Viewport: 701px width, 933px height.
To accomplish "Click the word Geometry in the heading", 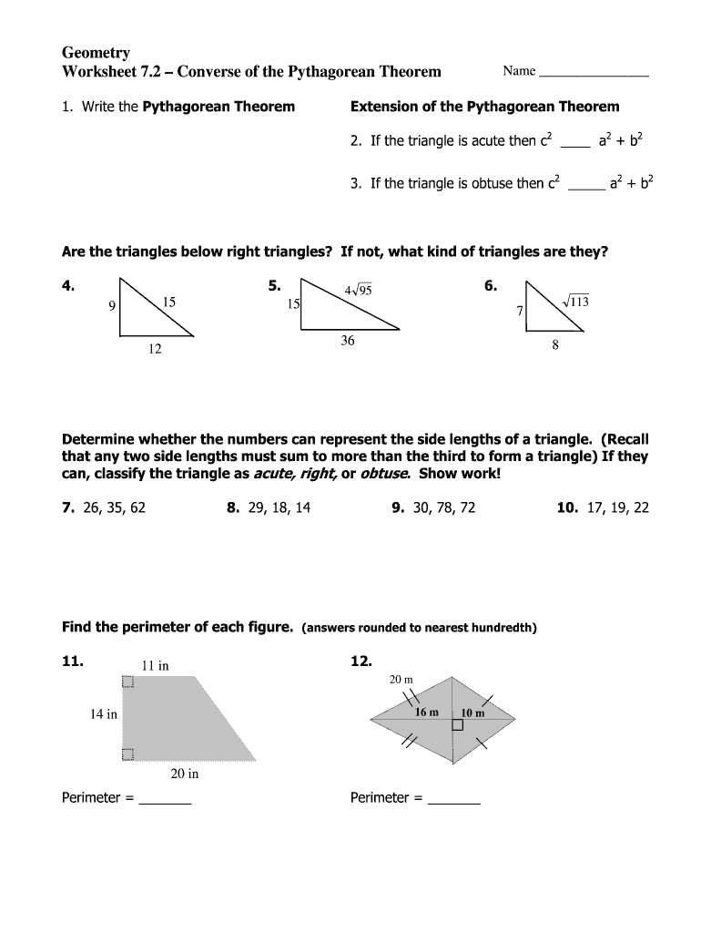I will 96,53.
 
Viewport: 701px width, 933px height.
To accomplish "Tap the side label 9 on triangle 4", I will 112,306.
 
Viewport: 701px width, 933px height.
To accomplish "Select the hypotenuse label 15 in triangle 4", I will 169,301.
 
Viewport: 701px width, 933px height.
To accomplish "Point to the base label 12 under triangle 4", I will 154,349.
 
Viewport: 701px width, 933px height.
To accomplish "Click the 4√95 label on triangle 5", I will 358,291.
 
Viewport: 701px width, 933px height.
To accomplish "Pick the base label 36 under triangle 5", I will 348,341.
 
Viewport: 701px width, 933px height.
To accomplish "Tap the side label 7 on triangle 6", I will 520,311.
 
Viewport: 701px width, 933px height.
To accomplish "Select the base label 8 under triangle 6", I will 555,345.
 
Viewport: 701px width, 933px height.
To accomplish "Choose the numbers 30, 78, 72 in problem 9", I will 443,508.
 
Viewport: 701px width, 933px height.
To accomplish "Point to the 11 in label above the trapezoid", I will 155,665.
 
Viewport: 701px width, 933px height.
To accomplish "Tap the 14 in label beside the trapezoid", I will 103,714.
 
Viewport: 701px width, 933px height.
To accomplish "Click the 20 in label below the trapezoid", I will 184,774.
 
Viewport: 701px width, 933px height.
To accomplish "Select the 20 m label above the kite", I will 401,680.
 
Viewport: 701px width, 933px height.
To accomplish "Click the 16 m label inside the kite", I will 427,713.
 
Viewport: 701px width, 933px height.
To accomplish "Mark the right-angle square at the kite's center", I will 457,725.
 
